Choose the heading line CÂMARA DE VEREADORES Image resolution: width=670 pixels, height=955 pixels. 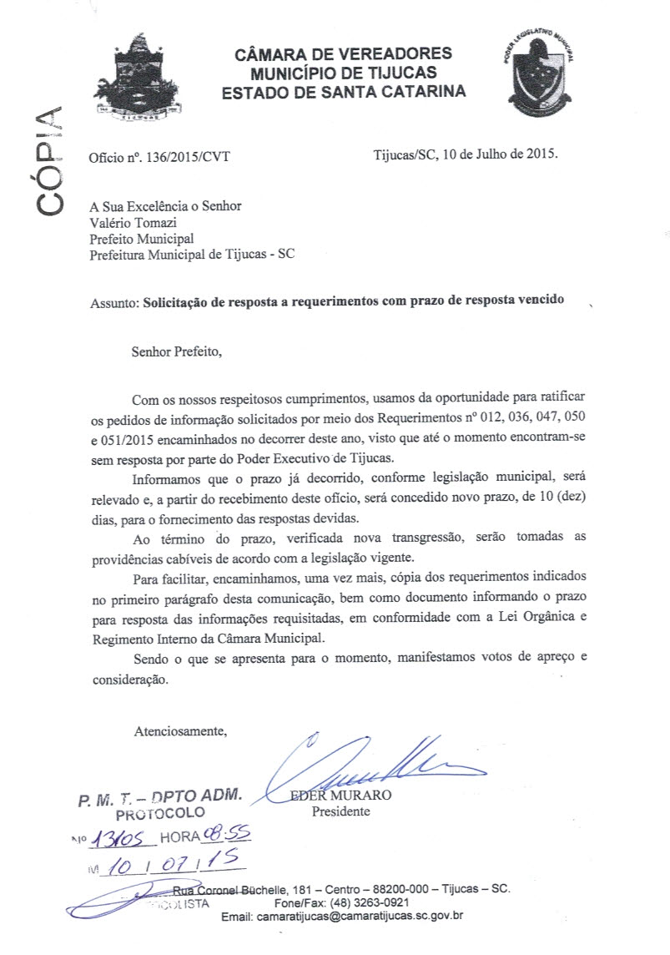pos(343,54)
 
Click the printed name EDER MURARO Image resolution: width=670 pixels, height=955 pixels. pos(340,795)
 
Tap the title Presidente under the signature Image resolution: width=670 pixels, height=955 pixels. pos(340,811)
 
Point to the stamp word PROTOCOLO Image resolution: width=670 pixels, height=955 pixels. pos(159,811)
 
